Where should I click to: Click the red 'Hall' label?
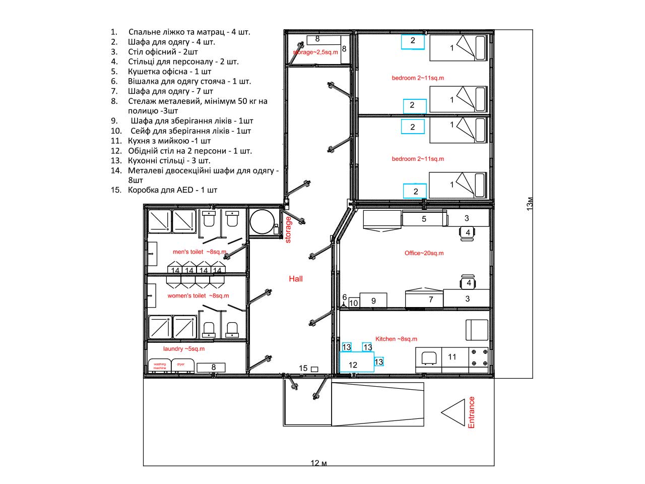295,279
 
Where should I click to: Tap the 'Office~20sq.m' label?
424,253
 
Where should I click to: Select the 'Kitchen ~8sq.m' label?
396,339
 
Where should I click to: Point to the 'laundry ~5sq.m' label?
183,348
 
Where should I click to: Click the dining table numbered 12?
357,362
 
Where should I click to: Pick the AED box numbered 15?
314,369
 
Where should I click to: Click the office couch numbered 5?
423,219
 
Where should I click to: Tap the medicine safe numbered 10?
354,302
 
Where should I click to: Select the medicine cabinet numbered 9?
373,300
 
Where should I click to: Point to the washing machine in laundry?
160,366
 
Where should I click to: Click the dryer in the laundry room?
182,366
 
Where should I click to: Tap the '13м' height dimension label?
529,204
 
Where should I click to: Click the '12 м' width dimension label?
318,463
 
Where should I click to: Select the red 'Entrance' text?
471,412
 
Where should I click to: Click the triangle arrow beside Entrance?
453,412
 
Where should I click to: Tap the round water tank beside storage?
262,221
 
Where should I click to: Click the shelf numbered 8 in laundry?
211,368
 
